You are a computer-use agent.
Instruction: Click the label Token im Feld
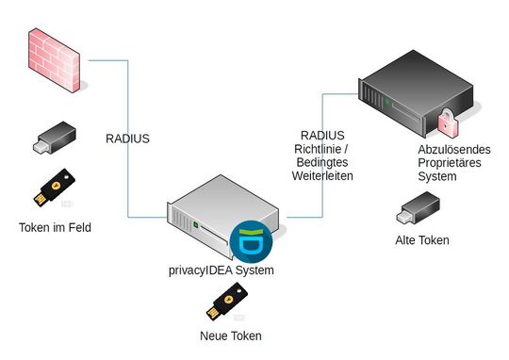tap(55, 228)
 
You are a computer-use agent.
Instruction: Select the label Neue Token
tap(230, 335)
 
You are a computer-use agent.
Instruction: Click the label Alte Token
tap(421, 240)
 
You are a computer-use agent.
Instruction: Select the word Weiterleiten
tap(323, 175)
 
